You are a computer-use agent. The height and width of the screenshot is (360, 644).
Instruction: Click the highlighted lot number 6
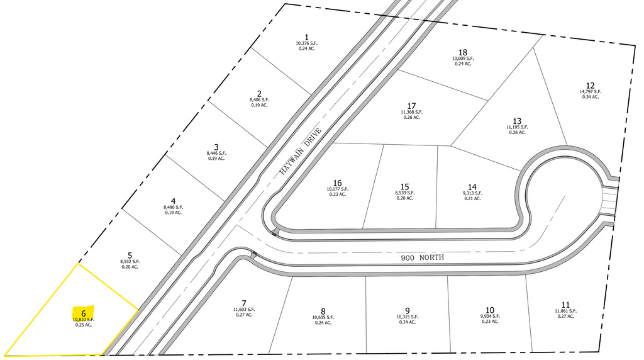pyautogui.click(x=84, y=313)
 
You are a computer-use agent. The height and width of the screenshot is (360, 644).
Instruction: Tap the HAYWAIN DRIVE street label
pyautogui.click(x=300, y=152)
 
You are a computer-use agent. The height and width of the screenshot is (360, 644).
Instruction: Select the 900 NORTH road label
pyautogui.click(x=422, y=257)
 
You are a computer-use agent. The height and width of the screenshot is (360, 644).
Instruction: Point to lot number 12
pyautogui.click(x=590, y=86)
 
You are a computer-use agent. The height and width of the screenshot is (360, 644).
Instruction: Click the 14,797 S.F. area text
pyautogui.click(x=590, y=92)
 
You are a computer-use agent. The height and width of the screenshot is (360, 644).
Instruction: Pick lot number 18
pyautogui.click(x=463, y=52)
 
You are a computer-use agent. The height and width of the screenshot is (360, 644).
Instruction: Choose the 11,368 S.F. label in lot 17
pyautogui.click(x=411, y=112)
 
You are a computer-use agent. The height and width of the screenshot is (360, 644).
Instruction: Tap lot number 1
pyautogui.click(x=306, y=37)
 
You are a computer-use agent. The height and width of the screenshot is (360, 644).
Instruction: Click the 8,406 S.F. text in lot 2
pyautogui.click(x=259, y=99)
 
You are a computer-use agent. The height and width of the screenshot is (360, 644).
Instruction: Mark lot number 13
pyautogui.click(x=517, y=121)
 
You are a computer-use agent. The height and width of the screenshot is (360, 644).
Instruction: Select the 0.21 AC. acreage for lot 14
pyautogui.click(x=472, y=198)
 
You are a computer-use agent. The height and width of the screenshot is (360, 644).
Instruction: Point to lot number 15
pyautogui.click(x=404, y=186)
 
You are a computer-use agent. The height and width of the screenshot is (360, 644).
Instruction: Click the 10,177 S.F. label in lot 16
pyautogui.click(x=338, y=189)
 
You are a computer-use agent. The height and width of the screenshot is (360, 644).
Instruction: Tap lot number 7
pyautogui.click(x=244, y=303)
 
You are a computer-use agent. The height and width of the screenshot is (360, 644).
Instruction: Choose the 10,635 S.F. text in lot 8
pyautogui.click(x=323, y=317)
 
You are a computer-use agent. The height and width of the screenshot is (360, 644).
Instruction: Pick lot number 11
pyautogui.click(x=565, y=305)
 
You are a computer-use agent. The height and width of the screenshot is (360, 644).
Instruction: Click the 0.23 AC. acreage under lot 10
pyautogui.click(x=490, y=322)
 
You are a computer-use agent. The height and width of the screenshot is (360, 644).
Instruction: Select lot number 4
pyautogui.click(x=174, y=201)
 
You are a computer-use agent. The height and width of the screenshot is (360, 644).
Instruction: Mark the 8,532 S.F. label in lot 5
pyautogui.click(x=130, y=261)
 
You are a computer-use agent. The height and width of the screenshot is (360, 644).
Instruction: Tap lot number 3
pyautogui.click(x=216, y=147)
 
